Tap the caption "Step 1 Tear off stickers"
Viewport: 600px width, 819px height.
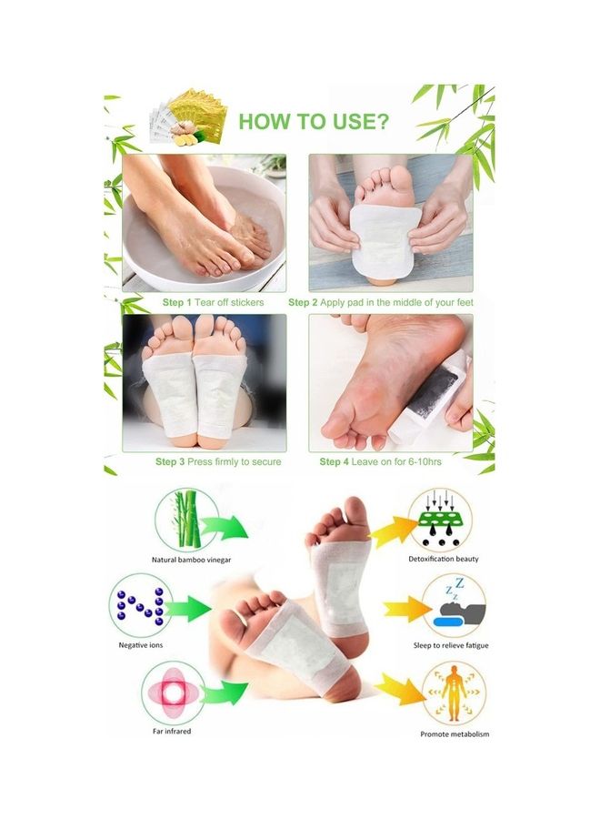pos(214,302)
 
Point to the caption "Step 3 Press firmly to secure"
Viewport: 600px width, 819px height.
pos(218,461)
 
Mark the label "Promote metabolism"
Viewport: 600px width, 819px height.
pos(455,733)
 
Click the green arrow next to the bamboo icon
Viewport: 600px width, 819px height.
pos(224,527)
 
